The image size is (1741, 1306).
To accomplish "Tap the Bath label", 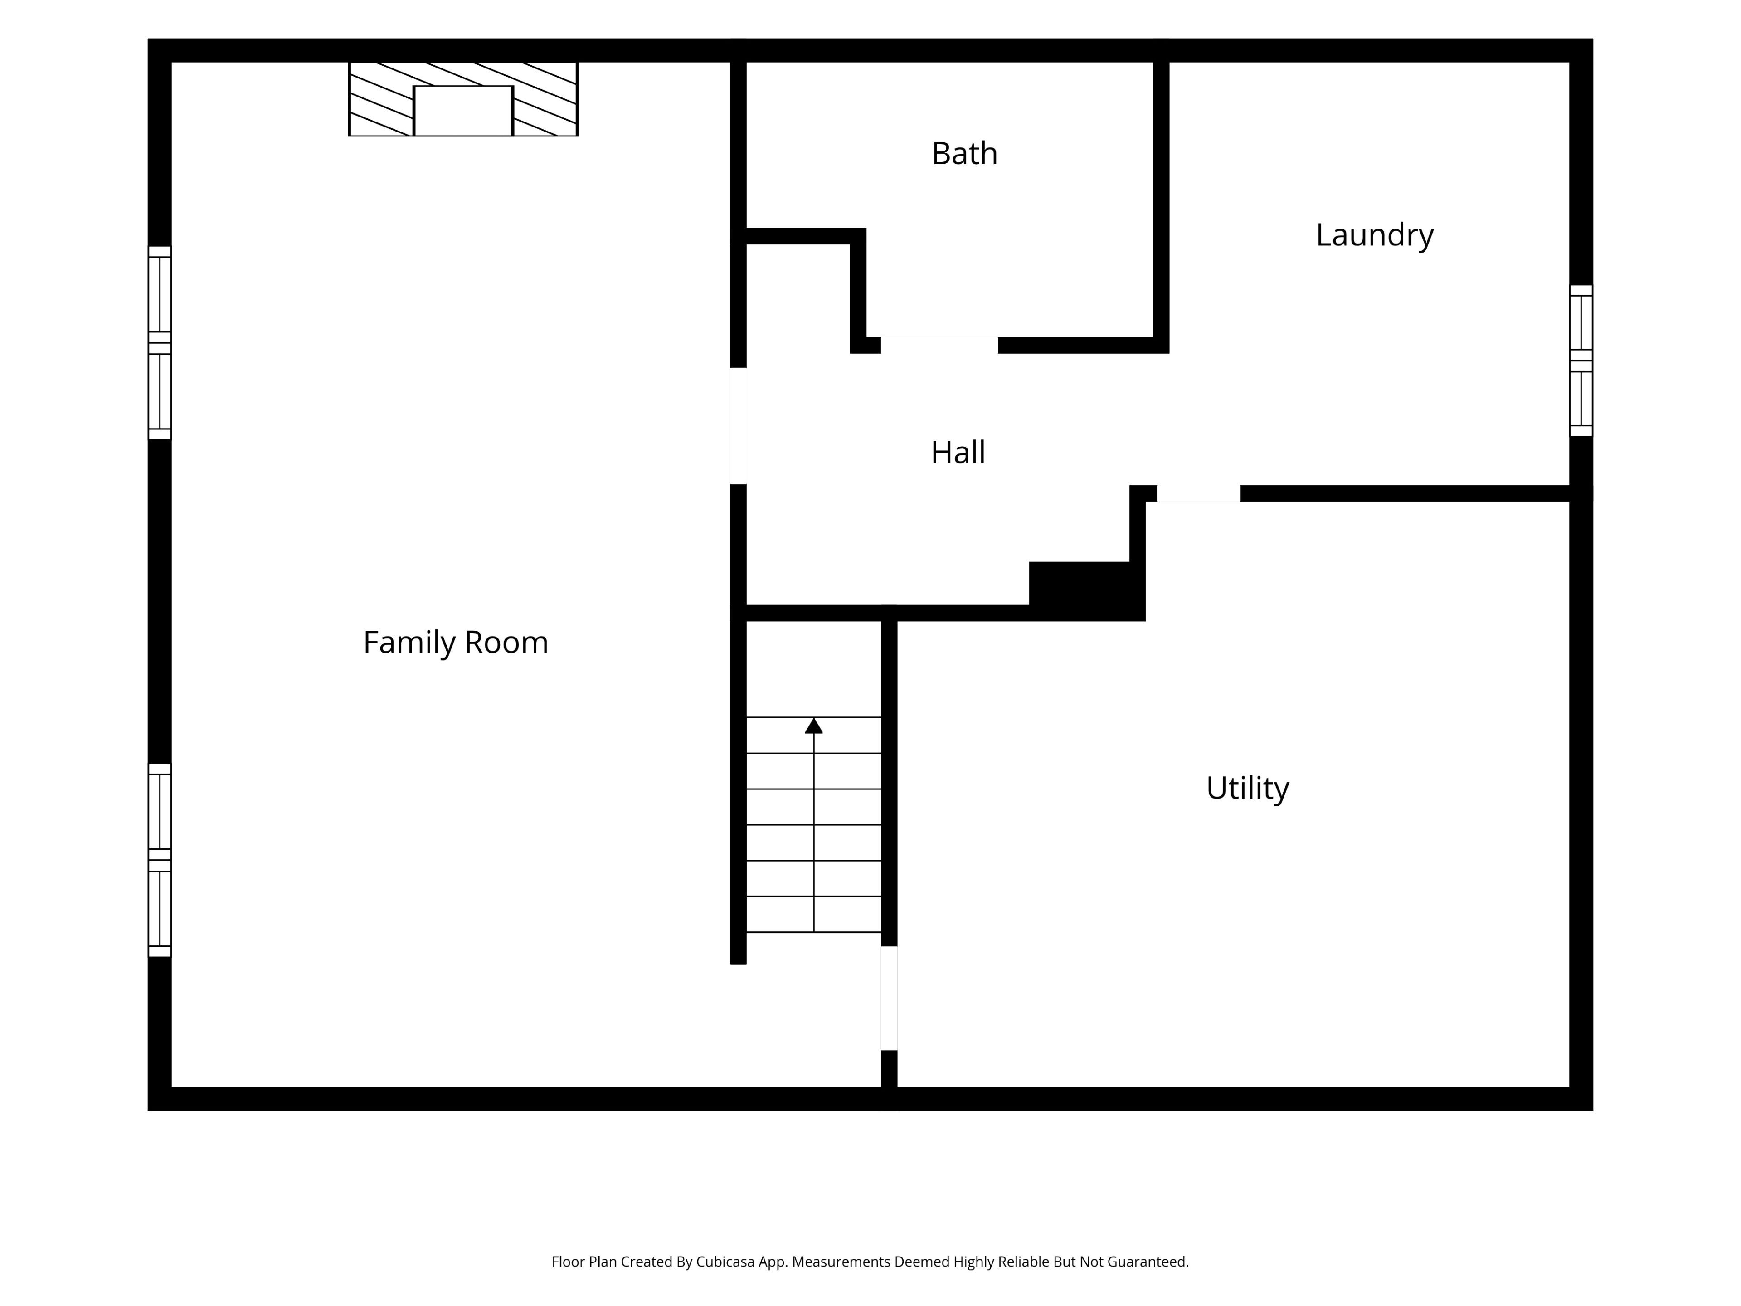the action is (964, 154).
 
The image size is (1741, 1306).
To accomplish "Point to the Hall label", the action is (958, 453).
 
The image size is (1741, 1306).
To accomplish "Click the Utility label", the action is (1248, 788).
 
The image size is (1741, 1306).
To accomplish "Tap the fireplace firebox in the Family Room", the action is (463, 111).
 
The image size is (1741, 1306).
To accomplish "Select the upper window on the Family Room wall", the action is (160, 343).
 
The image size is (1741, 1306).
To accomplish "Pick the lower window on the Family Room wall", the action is (160, 860).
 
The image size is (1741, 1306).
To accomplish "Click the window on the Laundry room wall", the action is (1581, 361).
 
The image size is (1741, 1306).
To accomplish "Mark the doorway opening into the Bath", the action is (939, 346).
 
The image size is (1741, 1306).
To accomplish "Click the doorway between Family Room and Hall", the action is (738, 426).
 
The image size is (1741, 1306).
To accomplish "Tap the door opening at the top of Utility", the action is (1199, 493).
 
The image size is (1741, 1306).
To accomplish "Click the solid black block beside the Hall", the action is (1086, 590).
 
